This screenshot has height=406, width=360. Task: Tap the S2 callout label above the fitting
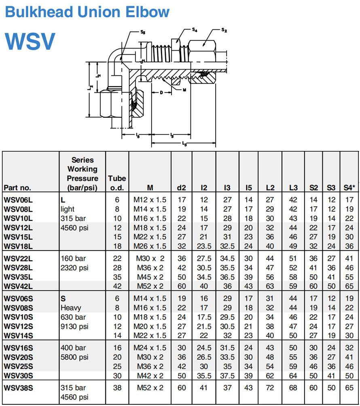click(224, 30)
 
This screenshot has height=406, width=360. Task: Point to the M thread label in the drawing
click(184, 90)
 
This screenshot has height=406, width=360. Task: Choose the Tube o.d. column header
click(117, 183)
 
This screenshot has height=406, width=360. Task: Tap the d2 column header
click(182, 187)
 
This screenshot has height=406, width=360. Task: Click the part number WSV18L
click(18, 246)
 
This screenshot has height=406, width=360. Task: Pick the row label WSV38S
click(18, 388)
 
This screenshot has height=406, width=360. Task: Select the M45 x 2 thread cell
click(150, 277)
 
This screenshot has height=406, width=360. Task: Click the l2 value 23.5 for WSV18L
click(204, 246)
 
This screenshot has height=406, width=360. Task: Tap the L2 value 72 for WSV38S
click(270, 388)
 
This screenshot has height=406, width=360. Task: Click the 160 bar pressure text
click(73, 258)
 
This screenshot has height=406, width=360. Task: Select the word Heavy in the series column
click(71, 308)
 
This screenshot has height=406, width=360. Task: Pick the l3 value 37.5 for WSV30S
click(227, 376)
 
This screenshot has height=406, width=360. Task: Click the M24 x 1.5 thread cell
click(150, 348)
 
